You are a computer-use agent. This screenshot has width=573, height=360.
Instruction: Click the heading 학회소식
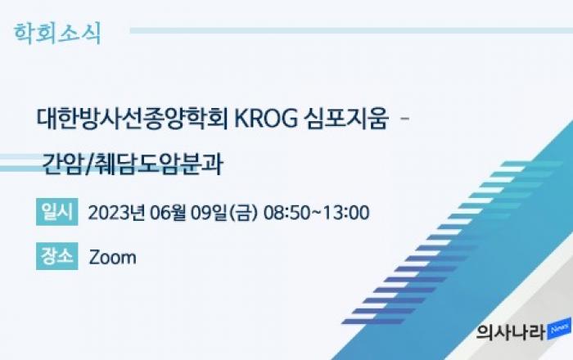pyautogui.click(x=57, y=34)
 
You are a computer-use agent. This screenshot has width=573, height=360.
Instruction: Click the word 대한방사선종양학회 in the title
pyautogui.click(x=133, y=119)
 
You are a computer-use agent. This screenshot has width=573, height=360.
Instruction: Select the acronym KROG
pyautogui.click(x=266, y=119)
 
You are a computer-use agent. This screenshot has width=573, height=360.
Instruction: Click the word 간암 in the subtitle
pyautogui.click(x=62, y=164)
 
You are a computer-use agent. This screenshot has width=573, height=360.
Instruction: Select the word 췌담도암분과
pyautogui.click(x=158, y=164)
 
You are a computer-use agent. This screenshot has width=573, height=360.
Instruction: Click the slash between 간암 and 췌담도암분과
pyautogui.click(x=88, y=165)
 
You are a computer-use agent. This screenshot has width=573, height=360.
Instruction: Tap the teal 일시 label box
pyautogui.click(x=57, y=212)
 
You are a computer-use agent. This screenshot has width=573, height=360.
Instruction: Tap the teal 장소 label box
pyautogui.click(x=57, y=256)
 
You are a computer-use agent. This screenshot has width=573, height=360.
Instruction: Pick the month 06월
pyautogui.click(x=168, y=213)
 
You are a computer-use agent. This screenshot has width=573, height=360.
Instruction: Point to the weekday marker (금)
pyautogui.click(x=243, y=213)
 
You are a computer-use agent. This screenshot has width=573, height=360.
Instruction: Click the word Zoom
pyautogui.click(x=113, y=257)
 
